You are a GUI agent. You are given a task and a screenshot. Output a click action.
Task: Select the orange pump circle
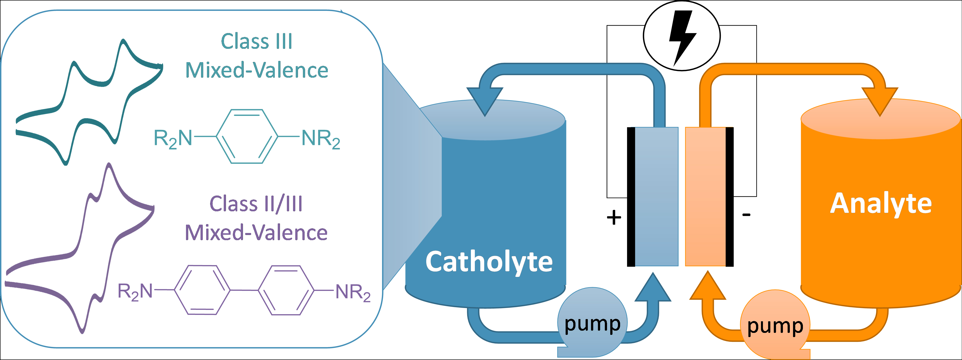(775, 325)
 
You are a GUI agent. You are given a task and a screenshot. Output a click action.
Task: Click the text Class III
(257, 41)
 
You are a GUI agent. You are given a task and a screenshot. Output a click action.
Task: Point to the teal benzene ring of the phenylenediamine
(247, 136)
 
